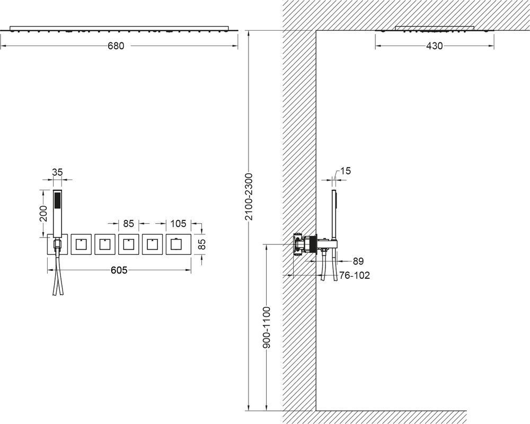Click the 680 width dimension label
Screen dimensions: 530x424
click(x=116, y=46)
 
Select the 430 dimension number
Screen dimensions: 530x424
click(x=435, y=46)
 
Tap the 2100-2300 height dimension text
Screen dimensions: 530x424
click(x=249, y=197)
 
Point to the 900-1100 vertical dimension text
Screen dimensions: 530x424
click(x=267, y=328)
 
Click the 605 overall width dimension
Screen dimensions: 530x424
click(x=119, y=270)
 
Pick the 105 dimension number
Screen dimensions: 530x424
click(x=178, y=224)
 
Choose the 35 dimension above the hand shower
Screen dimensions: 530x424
click(x=57, y=172)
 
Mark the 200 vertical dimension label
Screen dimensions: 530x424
click(x=43, y=214)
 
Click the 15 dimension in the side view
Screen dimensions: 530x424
click(x=346, y=171)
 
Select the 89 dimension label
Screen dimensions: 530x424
click(x=358, y=261)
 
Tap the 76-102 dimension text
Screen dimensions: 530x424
click(x=355, y=276)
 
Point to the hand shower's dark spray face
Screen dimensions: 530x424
click(x=58, y=199)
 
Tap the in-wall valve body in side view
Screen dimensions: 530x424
click(x=305, y=244)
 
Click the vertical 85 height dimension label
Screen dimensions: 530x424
click(x=202, y=244)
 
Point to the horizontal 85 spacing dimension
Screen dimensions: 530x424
click(x=128, y=224)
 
